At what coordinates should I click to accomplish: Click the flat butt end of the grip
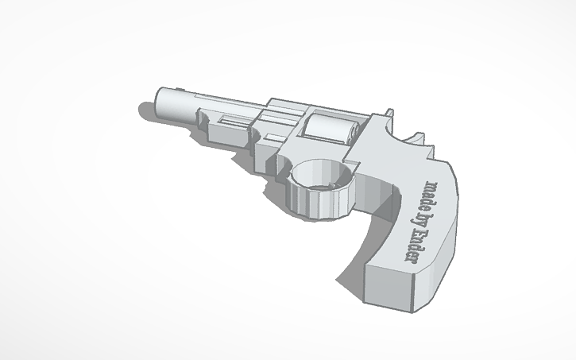pos(397,294)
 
